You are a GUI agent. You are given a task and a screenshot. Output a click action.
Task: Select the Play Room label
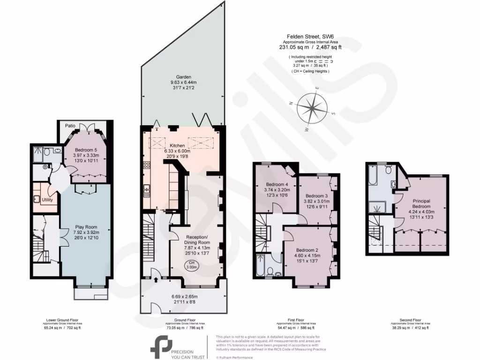point(85,227)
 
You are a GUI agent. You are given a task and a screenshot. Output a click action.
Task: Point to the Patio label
point(65,126)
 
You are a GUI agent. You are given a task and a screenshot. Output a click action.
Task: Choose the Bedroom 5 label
point(86,150)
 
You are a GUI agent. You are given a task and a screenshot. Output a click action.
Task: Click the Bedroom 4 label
point(276,184)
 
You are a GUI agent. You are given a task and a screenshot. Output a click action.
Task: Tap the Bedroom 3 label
point(316,195)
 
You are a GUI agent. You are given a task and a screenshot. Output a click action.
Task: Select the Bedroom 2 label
point(307,249)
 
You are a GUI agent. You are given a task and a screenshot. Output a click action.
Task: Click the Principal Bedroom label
point(421,204)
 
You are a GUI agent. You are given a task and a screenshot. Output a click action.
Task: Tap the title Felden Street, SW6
point(310,36)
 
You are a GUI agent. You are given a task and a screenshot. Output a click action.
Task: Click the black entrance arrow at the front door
point(156,280)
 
